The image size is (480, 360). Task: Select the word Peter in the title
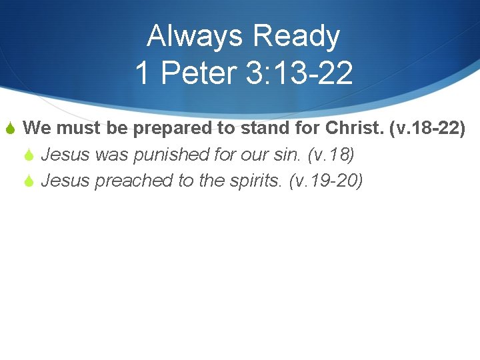coord(194,73)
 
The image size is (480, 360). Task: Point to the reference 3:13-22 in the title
coord(299,73)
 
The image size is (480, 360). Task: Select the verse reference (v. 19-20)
coord(326,181)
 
